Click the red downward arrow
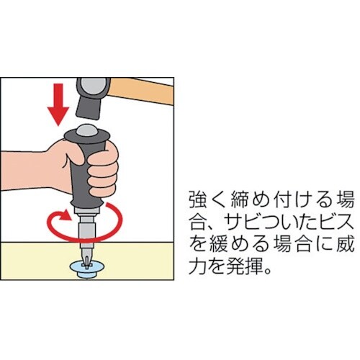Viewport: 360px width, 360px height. pyautogui.click(x=58, y=104)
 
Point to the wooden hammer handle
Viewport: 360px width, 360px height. pyautogui.click(x=142, y=91)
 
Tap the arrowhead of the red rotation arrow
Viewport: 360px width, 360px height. pyautogui.click(x=66, y=215)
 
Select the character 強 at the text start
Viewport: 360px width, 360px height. pyautogui.click(x=199, y=199)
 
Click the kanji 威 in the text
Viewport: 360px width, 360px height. pyautogui.click(x=345, y=245)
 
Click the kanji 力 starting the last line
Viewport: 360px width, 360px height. pyautogui.click(x=199, y=266)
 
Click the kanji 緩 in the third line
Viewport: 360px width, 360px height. pyautogui.click(x=219, y=245)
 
